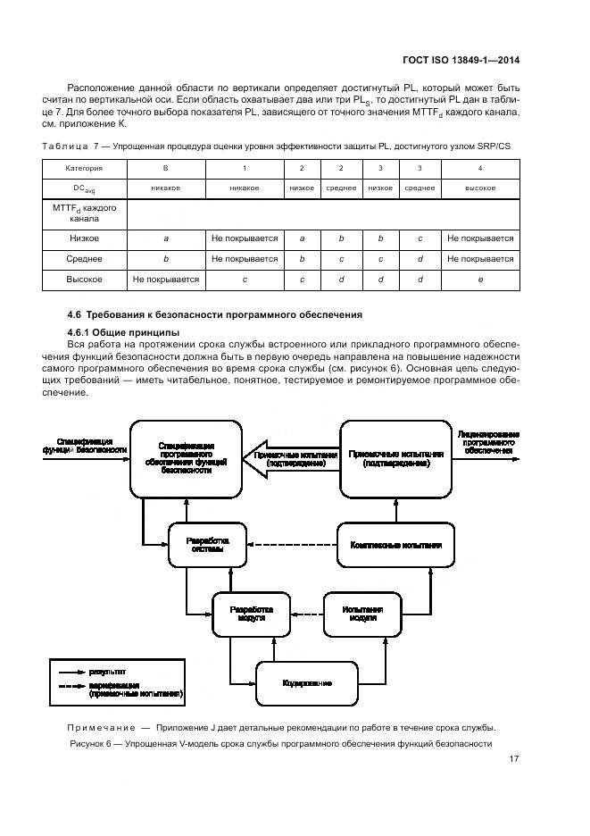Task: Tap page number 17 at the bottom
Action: (x=514, y=759)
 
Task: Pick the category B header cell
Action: (x=166, y=168)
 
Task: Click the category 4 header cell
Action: (x=480, y=168)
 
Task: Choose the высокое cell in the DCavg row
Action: (x=480, y=188)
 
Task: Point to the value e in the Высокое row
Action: (x=480, y=280)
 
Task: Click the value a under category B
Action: (x=166, y=238)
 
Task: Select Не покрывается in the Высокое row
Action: (x=166, y=280)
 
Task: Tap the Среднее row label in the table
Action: (x=85, y=259)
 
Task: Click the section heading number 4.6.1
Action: (x=82, y=332)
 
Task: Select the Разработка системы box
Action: (x=207, y=546)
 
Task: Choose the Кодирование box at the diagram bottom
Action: (x=308, y=682)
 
